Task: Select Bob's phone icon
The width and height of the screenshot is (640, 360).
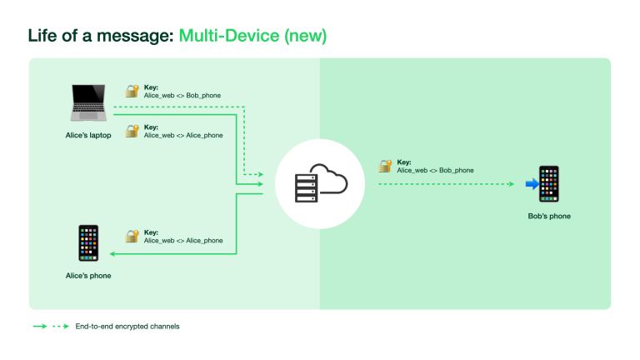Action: tap(548, 184)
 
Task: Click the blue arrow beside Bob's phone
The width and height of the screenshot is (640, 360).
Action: tap(531, 184)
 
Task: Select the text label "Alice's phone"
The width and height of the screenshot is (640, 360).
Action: tap(88, 275)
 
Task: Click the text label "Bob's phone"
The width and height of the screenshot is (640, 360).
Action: tap(549, 217)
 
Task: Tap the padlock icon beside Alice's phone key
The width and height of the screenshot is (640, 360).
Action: tap(131, 237)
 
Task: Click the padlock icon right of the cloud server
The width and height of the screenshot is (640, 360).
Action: tap(384, 166)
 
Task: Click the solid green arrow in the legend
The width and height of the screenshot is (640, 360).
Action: tap(39, 326)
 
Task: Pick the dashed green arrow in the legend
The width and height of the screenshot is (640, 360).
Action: tap(61, 326)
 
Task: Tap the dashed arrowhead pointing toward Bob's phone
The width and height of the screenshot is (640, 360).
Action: tap(511, 184)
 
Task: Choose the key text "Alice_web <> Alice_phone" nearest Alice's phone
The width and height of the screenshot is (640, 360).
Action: tap(183, 241)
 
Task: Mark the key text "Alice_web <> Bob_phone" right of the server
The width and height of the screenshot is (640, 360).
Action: tap(435, 170)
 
